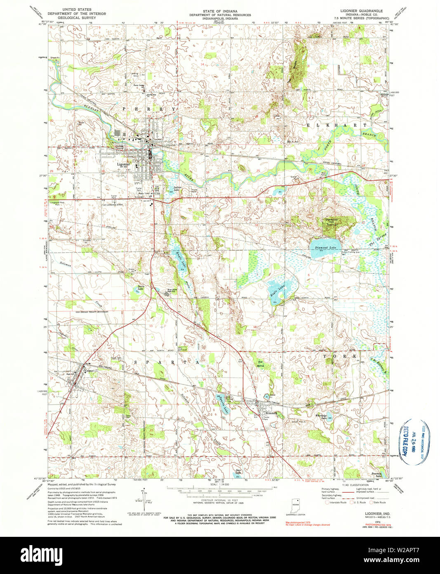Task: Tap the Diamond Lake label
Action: [x=326, y=247]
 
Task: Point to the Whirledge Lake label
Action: [x=321, y=417]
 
